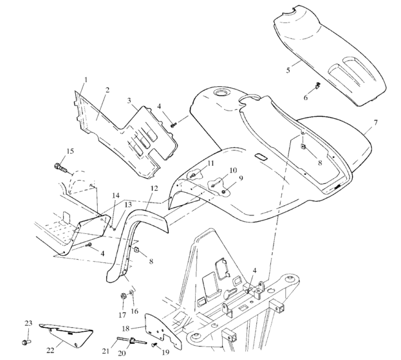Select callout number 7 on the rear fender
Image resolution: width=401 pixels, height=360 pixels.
(x=375, y=122)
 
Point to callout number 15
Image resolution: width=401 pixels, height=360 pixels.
(x=70, y=151)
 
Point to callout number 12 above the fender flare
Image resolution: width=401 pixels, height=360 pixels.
(x=153, y=188)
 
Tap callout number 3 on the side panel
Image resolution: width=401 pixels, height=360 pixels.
(x=129, y=101)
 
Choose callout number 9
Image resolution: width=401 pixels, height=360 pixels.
(x=241, y=177)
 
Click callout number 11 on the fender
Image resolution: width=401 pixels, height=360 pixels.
(x=210, y=165)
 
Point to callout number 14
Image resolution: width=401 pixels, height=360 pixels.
(x=117, y=195)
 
